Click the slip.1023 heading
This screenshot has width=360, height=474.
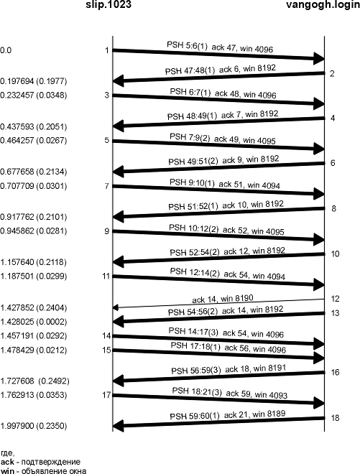109,4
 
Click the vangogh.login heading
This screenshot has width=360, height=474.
323,5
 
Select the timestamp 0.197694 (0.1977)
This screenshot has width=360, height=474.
33,81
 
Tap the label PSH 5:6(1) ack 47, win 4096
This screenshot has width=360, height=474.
220,47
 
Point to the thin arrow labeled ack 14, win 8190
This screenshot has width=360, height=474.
218,303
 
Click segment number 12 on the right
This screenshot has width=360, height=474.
335,299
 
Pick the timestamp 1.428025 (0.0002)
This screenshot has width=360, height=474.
33,322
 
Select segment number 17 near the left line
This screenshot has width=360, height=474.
106,395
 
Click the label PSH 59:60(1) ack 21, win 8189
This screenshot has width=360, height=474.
228,415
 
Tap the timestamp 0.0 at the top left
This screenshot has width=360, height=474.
6,50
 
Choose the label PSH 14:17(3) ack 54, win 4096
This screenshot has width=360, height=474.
226,333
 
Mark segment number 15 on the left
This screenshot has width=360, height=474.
106,350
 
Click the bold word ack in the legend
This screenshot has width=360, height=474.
7,462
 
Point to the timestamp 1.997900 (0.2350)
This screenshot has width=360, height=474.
33,426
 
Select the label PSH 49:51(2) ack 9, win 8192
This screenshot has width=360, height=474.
223,160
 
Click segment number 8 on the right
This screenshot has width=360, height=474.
333,208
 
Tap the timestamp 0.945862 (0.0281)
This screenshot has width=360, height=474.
33,231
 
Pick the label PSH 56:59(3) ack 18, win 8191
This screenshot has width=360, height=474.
229,369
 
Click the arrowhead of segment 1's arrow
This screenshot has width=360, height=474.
319,58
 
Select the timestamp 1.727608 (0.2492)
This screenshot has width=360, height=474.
34,381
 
